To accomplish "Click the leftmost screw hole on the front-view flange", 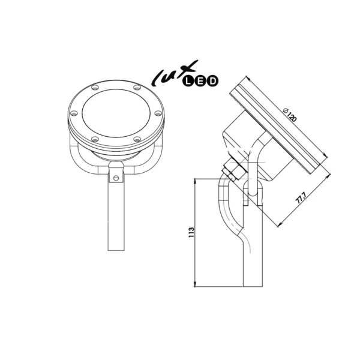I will point(73,114).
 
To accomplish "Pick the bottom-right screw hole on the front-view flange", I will point(137,139).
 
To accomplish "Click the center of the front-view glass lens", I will point(114,115).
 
